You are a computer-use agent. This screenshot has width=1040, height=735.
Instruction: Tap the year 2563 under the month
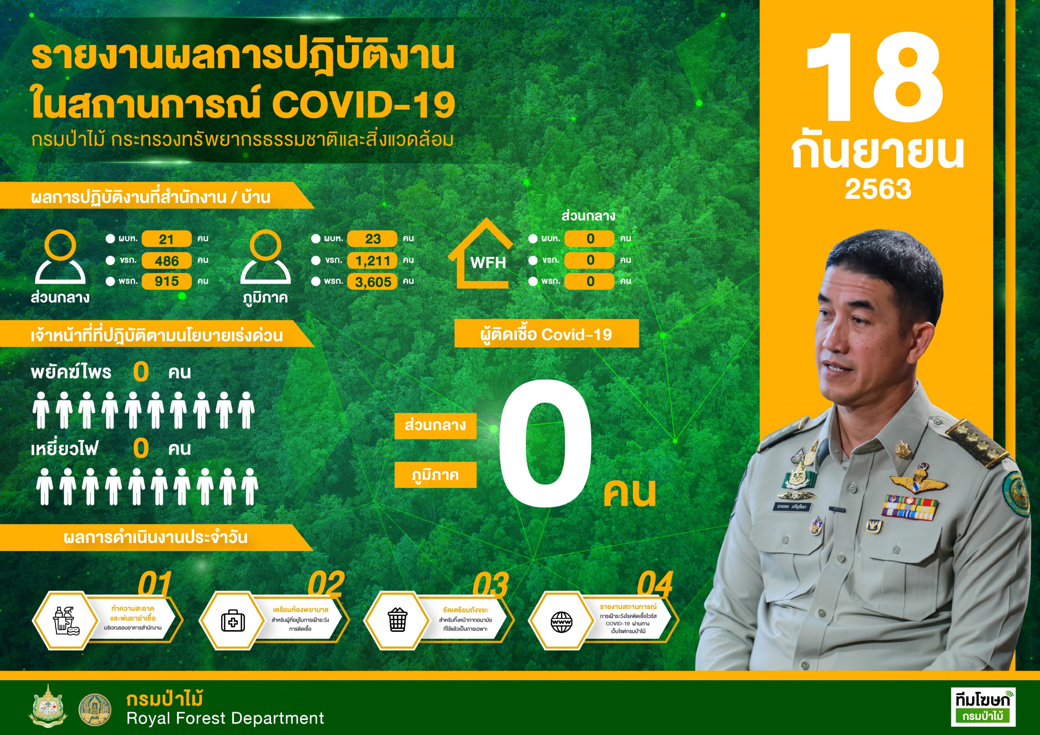[x=878, y=189]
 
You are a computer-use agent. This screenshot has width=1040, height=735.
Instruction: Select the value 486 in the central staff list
[x=166, y=261]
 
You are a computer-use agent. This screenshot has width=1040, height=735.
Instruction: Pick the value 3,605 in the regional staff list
[x=373, y=282]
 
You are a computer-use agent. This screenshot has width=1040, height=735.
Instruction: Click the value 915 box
[x=166, y=282]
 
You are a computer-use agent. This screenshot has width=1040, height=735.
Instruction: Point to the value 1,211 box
[x=373, y=261]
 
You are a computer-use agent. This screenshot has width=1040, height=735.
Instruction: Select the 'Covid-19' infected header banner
[x=547, y=334]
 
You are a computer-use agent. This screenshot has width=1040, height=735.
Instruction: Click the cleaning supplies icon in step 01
[x=66, y=621]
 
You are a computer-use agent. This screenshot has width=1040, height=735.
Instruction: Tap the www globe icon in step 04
[x=562, y=622]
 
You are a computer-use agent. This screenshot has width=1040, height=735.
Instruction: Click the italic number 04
[x=654, y=585]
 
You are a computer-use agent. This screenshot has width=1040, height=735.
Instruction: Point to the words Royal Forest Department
[x=225, y=718]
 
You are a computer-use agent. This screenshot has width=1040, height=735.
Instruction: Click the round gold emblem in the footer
[x=95, y=710]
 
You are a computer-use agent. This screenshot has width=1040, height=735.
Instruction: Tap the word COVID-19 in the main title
[x=363, y=105]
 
